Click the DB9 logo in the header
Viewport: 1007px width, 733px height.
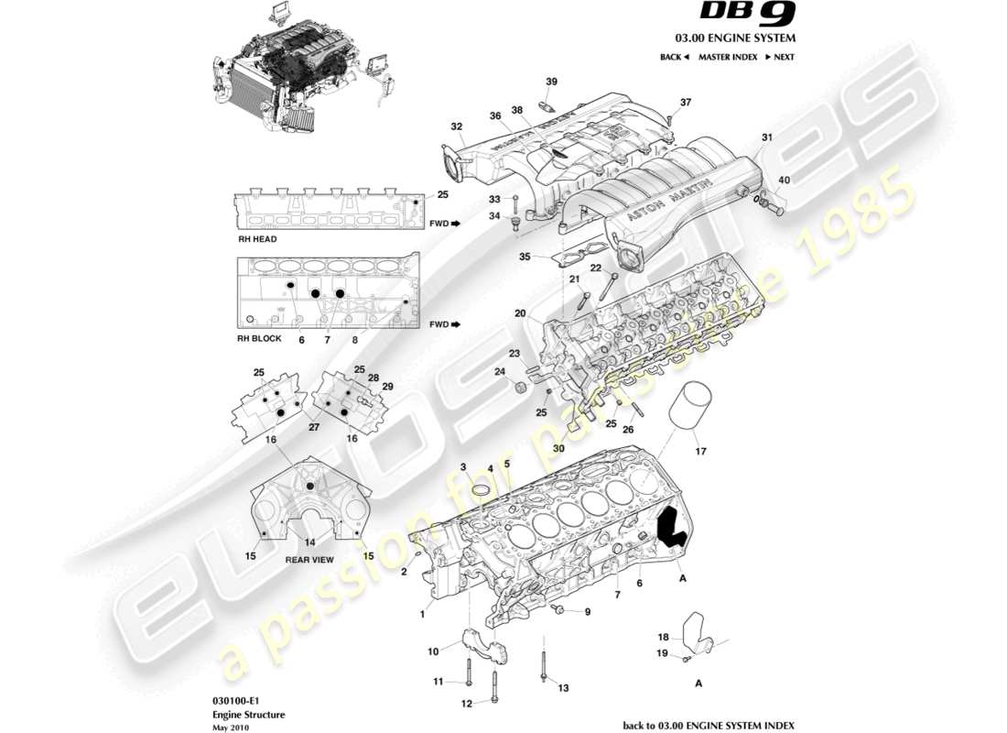pos(748,13)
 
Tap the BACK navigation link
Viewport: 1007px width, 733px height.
pos(674,57)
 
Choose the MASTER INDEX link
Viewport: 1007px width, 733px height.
pos(727,57)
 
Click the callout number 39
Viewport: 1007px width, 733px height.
pos(551,82)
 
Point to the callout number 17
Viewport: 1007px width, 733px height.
pos(701,451)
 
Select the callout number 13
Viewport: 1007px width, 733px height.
pos(563,688)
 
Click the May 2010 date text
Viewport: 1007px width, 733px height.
pos(229,728)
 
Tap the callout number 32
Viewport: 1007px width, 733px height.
pos(456,126)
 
